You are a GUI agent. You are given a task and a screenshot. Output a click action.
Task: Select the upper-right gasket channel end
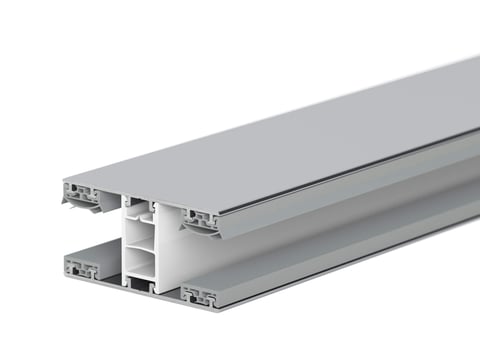coord(200,217)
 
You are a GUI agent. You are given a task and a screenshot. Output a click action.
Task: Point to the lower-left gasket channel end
coord(81,268)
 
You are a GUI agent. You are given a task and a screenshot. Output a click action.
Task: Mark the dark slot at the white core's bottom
coord(144,289)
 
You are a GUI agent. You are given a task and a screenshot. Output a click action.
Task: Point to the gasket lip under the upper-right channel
coord(205,232)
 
